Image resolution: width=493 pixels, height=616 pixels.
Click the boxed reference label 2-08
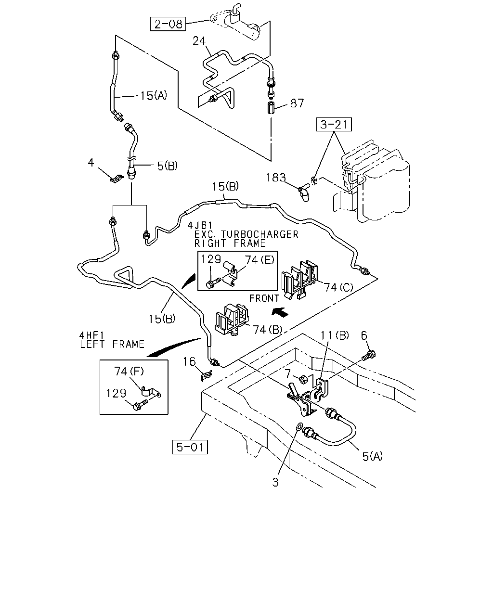click(168, 24)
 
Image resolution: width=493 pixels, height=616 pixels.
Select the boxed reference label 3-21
click(334, 124)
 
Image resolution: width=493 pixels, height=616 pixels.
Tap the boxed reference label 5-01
click(190, 447)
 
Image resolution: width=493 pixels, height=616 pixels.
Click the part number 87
click(297, 103)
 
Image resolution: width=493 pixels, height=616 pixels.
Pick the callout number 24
click(199, 41)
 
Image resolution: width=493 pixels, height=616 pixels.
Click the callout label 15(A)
click(154, 96)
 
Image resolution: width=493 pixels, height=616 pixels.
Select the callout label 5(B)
click(167, 166)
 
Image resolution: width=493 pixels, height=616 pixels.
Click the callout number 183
click(276, 178)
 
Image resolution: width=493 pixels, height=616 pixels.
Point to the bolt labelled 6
click(369, 355)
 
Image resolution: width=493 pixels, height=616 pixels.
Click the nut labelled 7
click(304, 380)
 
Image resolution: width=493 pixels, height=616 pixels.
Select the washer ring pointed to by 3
click(298, 427)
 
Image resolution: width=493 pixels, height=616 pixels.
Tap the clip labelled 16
click(206, 375)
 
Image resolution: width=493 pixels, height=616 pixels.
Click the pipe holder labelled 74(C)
click(299, 279)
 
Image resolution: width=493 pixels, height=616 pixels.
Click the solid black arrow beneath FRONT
click(280, 312)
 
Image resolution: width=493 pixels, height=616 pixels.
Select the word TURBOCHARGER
click(259, 234)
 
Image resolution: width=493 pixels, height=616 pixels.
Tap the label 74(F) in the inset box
click(129, 371)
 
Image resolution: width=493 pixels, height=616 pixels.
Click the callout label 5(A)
click(373, 456)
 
